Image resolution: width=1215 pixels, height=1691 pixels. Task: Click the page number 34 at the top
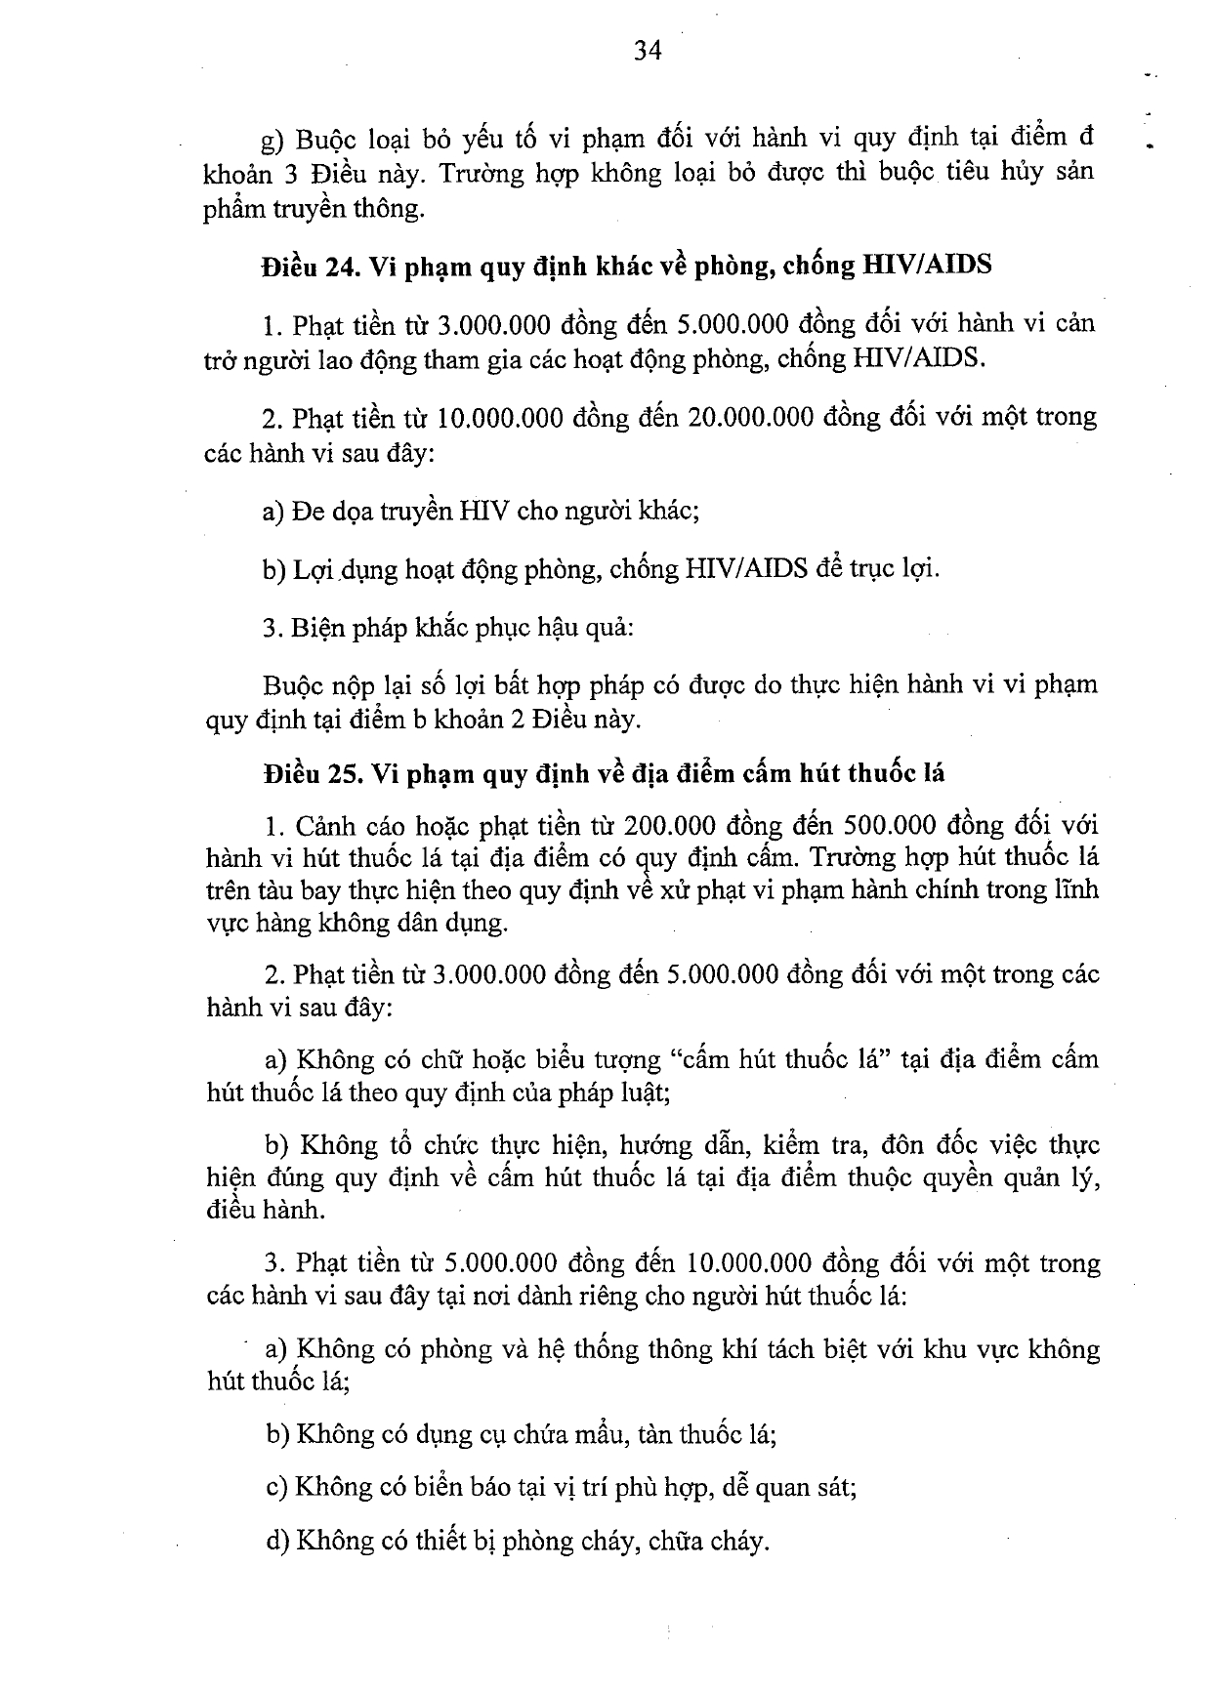(648, 52)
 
